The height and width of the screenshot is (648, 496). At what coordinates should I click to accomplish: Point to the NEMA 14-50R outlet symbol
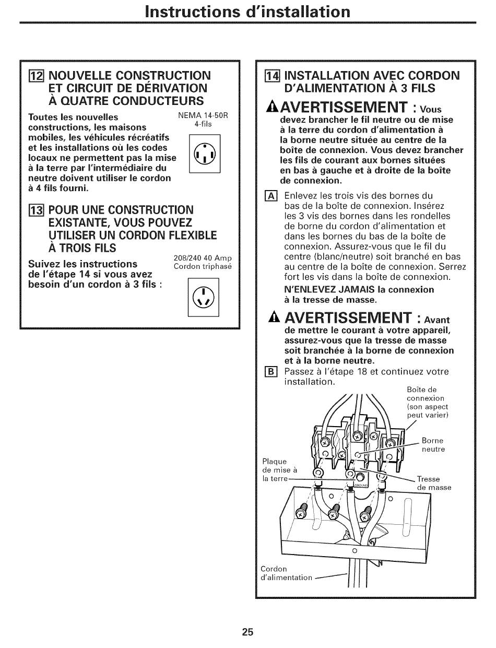(x=204, y=154)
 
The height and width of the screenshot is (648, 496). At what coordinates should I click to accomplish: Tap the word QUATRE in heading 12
(x=89, y=101)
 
